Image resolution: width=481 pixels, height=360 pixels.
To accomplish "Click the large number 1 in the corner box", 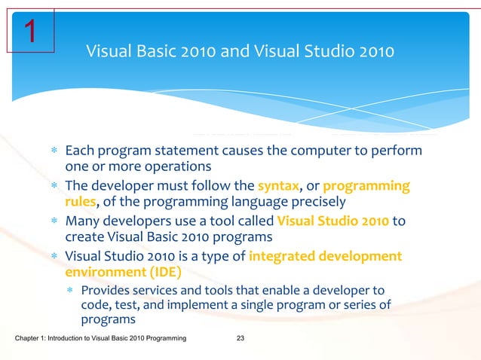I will (30, 32).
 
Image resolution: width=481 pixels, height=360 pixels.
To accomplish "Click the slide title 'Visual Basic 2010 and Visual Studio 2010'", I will (240, 52).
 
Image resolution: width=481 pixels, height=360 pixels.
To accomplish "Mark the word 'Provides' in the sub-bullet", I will (106, 290).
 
